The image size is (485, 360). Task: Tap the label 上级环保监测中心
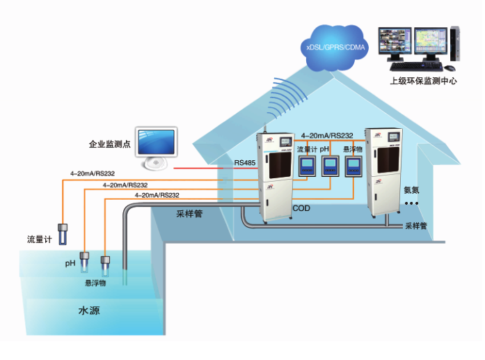coord(423,81)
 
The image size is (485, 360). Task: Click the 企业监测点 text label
coord(111,144)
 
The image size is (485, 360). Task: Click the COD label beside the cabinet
coord(301,208)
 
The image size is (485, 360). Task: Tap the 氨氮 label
coord(412,189)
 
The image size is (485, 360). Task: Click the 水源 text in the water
coord(88,311)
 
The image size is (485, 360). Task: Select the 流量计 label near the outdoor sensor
coord(40,240)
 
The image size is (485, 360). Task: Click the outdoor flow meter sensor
coord(63,233)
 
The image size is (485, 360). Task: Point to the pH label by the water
coord(70,263)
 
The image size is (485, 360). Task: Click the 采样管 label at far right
coord(415,226)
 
